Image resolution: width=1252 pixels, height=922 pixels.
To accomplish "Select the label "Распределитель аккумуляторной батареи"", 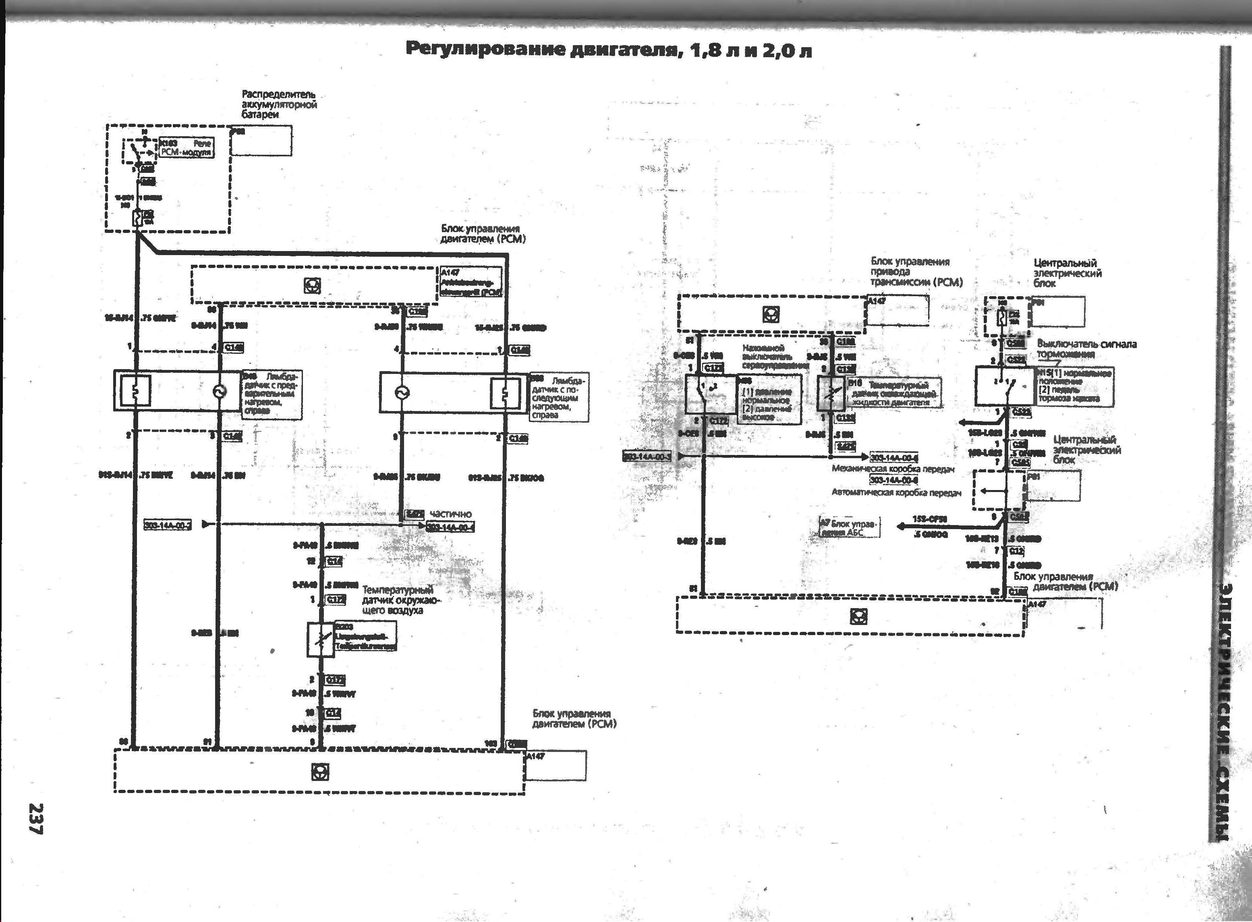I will click(x=279, y=104).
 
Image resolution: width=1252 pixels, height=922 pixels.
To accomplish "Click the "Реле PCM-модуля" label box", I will click(x=186, y=147).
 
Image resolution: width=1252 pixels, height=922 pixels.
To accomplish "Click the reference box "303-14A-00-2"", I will click(x=168, y=525).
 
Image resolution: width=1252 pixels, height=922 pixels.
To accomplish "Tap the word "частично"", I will click(x=451, y=513).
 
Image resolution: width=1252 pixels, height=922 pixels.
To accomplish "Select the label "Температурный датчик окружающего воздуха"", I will click(x=398, y=600).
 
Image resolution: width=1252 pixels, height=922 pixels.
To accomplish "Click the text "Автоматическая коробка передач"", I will click(x=896, y=493).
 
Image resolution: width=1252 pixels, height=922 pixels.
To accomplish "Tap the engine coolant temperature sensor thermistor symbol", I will click(x=830, y=394).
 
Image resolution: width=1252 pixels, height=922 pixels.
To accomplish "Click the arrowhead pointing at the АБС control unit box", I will click(x=900, y=526).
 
